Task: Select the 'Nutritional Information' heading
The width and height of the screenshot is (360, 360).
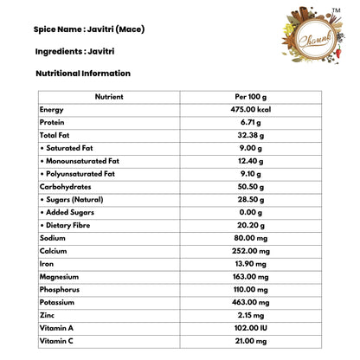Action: pos(83,74)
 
